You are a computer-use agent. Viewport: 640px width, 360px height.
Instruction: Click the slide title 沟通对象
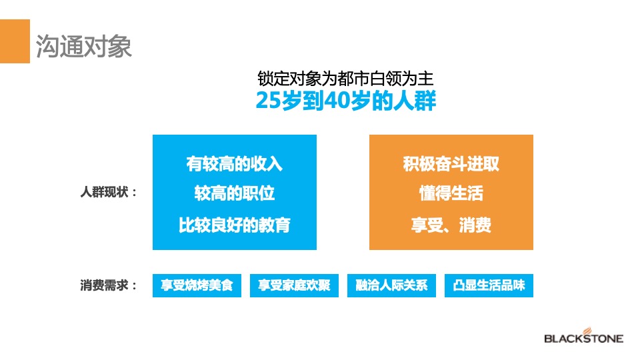point(83,46)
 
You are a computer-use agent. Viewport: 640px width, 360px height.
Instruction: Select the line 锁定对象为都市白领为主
point(346,78)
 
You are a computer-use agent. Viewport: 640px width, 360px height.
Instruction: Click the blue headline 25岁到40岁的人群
point(346,102)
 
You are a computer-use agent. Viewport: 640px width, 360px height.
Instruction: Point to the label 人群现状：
point(109,193)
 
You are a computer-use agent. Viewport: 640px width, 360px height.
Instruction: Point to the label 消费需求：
point(109,286)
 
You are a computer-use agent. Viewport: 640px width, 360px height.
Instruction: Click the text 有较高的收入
point(235,164)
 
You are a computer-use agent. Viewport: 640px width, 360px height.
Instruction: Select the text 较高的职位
point(235,193)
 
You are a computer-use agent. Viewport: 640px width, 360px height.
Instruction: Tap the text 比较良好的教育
point(235,225)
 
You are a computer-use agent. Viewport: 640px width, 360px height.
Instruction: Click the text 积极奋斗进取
point(451,164)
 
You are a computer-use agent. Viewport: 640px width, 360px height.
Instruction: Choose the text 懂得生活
point(451,193)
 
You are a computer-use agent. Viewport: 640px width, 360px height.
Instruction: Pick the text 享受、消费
point(451,225)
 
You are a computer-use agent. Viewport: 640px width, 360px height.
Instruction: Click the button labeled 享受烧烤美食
point(197,286)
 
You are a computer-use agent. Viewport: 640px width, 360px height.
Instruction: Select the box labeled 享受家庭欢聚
point(294,286)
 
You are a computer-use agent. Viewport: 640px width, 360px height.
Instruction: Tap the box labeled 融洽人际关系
point(391,286)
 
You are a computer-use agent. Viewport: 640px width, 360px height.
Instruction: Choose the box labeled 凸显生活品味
point(489,286)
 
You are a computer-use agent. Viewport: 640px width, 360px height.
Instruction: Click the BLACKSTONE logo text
point(584,339)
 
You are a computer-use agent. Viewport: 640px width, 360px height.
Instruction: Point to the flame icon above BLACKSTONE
point(587,329)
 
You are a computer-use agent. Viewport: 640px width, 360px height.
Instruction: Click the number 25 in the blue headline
point(265,102)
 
